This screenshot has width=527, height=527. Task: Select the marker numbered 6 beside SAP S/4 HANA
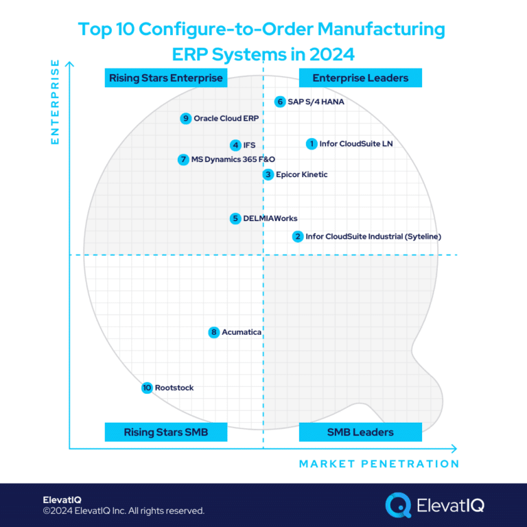click(x=279, y=102)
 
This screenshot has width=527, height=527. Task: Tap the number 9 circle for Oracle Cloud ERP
click(x=185, y=118)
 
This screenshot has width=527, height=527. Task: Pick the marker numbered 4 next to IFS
click(x=235, y=145)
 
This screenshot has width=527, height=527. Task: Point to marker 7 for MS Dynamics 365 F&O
click(x=183, y=160)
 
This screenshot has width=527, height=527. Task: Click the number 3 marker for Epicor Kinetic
click(x=268, y=174)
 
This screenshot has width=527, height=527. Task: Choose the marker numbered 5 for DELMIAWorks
click(x=235, y=218)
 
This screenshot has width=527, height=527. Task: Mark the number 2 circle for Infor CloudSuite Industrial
click(x=298, y=237)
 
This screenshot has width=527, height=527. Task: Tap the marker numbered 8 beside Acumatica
click(x=214, y=332)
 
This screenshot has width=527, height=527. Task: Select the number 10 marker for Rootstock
click(x=147, y=388)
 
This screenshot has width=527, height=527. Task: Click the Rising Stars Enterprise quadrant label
click(x=165, y=78)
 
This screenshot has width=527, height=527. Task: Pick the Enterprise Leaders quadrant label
click(x=360, y=78)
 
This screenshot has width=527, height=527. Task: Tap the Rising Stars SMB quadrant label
click(x=165, y=432)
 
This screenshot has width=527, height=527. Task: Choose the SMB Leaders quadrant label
click(x=360, y=432)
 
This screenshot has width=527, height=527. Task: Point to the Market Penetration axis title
click(x=379, y=464)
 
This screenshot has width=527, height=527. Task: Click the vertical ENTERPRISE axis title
click(x=56, y=102)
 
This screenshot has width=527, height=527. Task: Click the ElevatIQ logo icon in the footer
click(x=398, y=505)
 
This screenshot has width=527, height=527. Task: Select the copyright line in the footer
click(x=124, y=511)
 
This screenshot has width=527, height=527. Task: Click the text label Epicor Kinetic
click(x=301, y=174)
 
